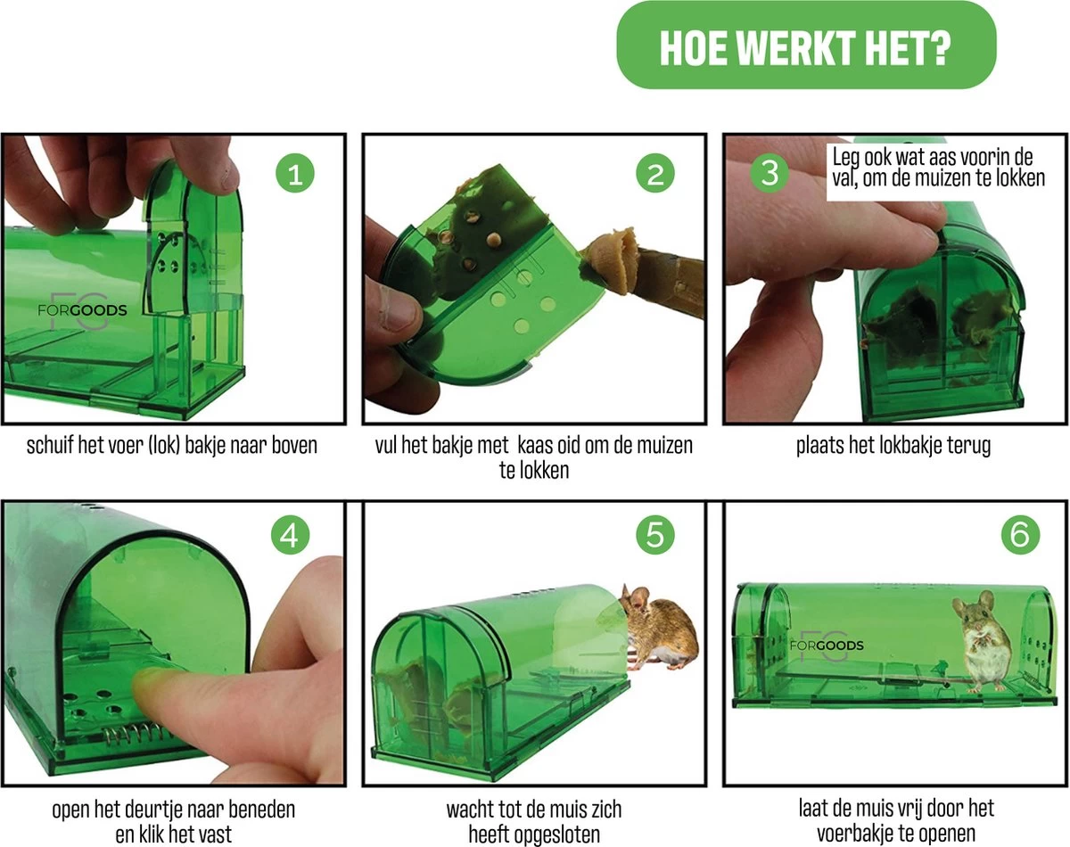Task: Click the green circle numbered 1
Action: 295,174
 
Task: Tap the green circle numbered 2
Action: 655,174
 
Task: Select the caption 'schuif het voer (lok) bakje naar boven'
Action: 172,445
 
